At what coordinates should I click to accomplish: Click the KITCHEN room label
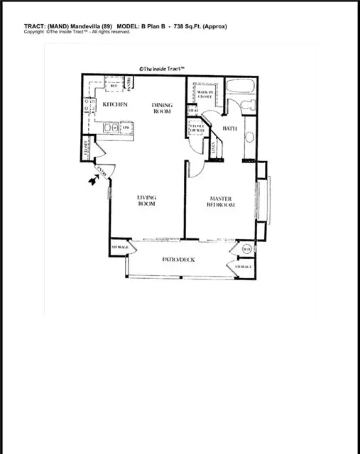115,104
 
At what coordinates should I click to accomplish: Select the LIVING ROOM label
147,200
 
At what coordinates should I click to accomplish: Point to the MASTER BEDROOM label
221,201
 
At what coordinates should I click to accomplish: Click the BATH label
230,128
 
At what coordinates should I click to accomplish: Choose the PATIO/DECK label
178,260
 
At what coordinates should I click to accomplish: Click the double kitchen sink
112,128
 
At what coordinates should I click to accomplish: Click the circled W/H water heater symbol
246,249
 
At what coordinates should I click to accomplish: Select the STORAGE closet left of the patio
120,247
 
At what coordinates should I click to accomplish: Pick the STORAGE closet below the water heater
244,266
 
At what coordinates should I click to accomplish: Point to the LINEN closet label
214,149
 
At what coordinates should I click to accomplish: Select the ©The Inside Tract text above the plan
162,69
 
